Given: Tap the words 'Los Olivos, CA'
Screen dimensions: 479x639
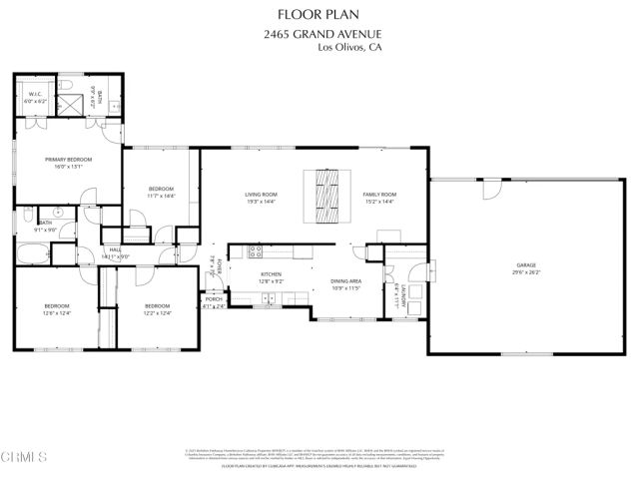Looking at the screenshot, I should (x=348, y=47).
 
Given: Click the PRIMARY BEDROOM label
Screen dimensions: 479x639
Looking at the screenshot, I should (x=68, y=161).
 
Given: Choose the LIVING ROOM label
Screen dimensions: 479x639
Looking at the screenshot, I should (x=261, y=195).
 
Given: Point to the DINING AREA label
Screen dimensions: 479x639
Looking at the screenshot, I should (x=345, y=282).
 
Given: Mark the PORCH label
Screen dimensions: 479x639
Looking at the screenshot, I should (x=214, y=298).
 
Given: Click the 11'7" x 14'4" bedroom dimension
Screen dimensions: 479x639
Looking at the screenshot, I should (x=161, y=196).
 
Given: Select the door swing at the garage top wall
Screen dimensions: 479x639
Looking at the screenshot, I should (x=490, y=190).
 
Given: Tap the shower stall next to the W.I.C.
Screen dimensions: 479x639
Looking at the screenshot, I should (x=73, y=103).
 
